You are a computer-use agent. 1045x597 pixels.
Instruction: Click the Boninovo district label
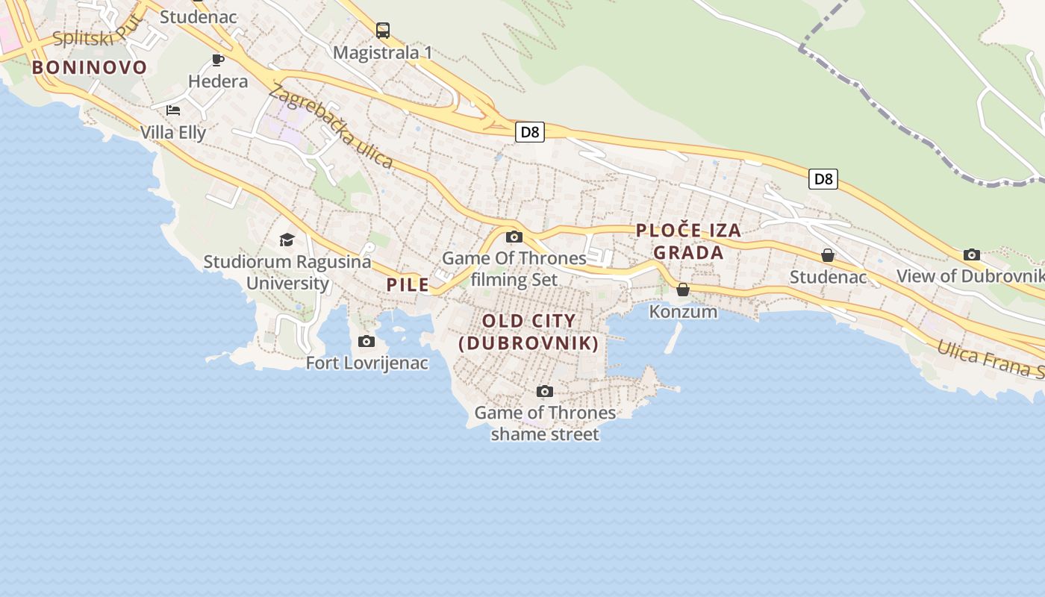(x=90, y=68)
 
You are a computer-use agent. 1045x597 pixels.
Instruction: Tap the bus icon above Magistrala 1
(x=383, y=31)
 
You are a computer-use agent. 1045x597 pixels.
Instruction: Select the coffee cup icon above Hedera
(x=218, y=60)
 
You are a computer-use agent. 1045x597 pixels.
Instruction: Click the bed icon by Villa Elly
(x=173, y=110)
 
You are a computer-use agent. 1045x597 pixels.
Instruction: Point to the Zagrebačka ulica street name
(x=331, y=126)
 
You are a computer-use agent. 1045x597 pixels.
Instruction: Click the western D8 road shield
(x=529, y=132)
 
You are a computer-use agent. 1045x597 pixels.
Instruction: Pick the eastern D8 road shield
(x=823, y=179)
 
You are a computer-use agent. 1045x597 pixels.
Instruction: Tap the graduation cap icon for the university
(x=287, y=240)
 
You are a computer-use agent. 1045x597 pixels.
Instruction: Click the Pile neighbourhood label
(x=408, y=284)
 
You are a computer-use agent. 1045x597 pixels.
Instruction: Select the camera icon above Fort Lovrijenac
(x=366, y=342)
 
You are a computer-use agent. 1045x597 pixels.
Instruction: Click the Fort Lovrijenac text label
(x=367, y=363)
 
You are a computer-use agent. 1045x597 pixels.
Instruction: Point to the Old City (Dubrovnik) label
(x=528, y=332)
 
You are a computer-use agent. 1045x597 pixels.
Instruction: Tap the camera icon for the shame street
(x=545, y=392)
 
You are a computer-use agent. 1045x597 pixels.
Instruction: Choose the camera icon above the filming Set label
(x=514, y=237)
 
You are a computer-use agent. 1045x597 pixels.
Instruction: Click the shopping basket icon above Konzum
(x=683, y=290)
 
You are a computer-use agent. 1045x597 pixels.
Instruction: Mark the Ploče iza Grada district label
(x=688, y=241)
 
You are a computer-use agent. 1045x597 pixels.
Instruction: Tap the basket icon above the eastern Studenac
(x=827, y=256)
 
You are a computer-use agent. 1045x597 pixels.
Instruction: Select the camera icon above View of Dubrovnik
(x=971, y=255)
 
